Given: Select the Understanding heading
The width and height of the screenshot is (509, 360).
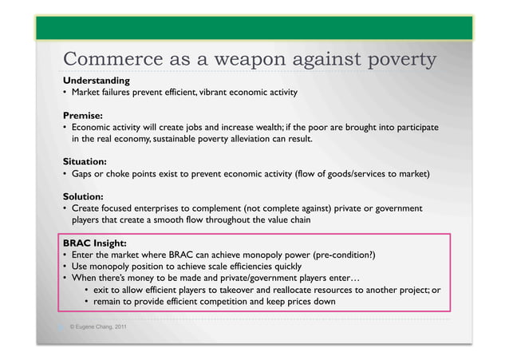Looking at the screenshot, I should pos(97,81).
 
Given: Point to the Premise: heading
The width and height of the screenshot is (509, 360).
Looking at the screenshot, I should pos(84,115).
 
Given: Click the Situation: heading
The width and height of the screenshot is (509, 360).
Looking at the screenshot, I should pos(85,160).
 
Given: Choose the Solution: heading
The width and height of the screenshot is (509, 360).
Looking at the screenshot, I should pos(84,196).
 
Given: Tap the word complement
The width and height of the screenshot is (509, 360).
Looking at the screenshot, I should pos(232,208).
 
